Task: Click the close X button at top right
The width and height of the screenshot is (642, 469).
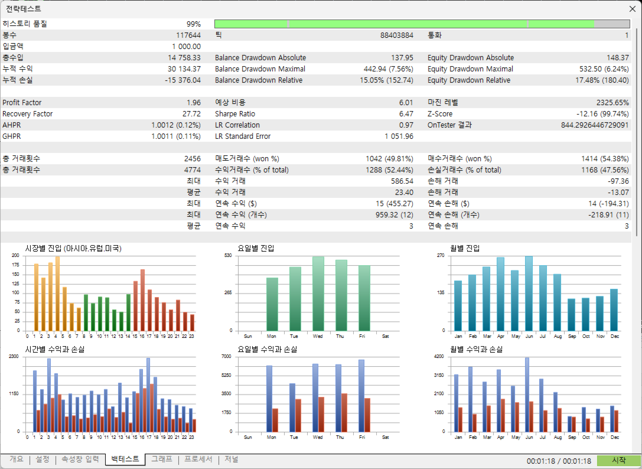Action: (632, 9)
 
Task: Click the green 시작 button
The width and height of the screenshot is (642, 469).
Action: (618, 460)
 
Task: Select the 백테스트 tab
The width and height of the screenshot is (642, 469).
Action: (125, 459)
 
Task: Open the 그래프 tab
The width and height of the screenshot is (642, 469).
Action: (162, 459)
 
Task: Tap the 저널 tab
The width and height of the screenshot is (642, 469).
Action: (232, 459)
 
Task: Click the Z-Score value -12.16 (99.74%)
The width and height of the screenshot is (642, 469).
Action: (602, 114)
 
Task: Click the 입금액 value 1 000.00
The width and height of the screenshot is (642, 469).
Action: (186, 46)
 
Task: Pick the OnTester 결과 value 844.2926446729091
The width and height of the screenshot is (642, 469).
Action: (595, 125)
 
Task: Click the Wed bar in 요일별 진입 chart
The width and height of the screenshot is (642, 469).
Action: (318, 294)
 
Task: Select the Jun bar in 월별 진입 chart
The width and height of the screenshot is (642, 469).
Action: (529, 294)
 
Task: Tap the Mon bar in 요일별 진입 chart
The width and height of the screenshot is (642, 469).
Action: (272, 304)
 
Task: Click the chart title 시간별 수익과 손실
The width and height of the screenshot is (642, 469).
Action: (55, 350)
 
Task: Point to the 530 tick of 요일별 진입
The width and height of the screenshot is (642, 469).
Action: (228, 256)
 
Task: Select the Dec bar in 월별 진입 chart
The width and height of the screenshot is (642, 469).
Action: (614, 310)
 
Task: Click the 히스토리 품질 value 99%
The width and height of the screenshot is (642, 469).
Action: (194, 24)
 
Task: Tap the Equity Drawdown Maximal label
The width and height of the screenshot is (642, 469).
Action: (470, 69)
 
